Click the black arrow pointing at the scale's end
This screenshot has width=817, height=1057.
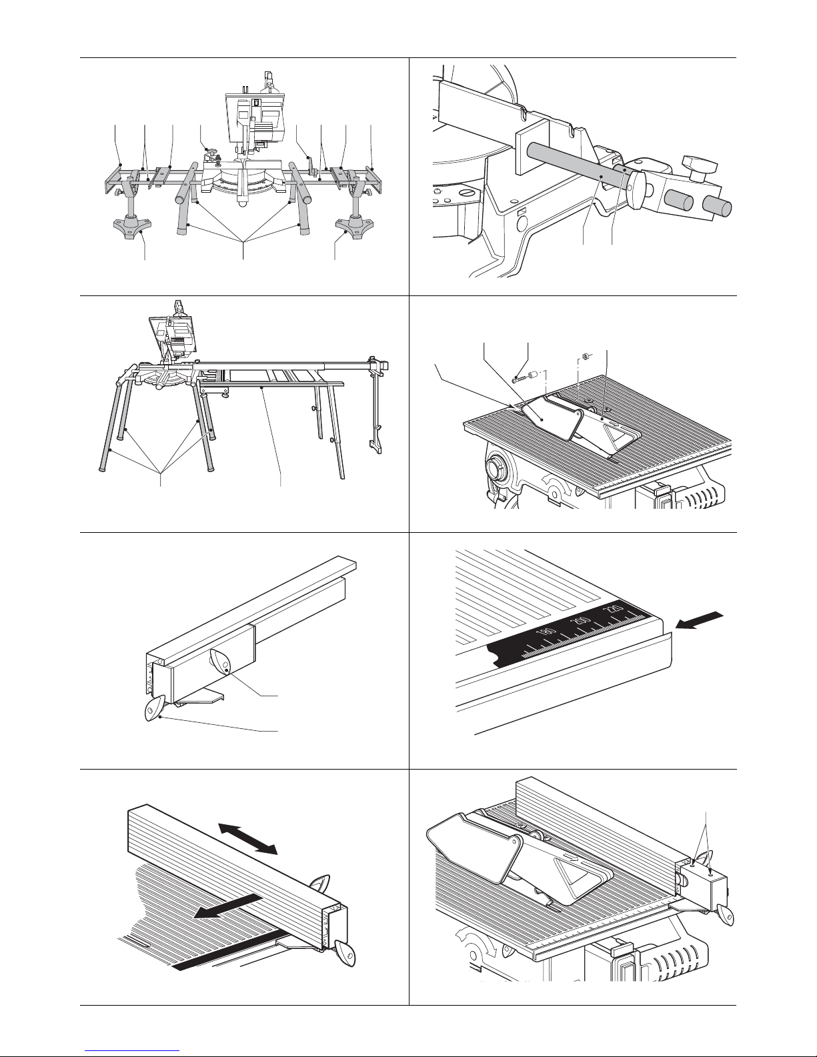699,621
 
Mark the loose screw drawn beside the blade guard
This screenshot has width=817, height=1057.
518,379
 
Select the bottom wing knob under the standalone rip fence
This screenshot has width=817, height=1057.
155,712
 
